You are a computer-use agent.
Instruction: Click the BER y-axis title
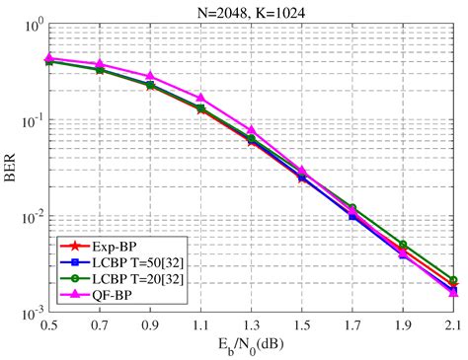[x=12, y=168]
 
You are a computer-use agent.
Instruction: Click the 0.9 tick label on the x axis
[x=150, y=324]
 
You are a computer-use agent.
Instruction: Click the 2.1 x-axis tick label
[x=453, y=324]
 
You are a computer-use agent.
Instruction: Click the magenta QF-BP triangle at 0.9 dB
[x=150, y=76]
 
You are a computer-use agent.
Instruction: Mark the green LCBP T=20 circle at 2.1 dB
[x=453, y=280]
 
